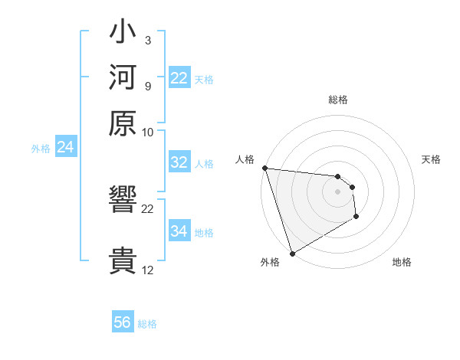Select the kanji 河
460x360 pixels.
[123, 77]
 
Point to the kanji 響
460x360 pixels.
[123, 201]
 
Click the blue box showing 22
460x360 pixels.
[179, 78]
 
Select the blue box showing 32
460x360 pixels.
[179, 162]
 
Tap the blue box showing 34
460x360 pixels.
[179, 231]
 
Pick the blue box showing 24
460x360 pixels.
[66, 148]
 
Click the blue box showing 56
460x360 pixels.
[123, 322]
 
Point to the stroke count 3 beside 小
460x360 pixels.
[147, 40]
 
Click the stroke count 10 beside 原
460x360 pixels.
[148, 132]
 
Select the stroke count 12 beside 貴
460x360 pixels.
[148, 270]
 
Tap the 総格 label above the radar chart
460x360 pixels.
[337, 100]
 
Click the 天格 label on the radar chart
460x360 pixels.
[431, 159]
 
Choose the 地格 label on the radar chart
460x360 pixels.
[402, 262]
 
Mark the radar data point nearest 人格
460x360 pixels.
[264, 168]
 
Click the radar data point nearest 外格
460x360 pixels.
[292, 254]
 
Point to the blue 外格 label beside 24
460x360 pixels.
[40, 149]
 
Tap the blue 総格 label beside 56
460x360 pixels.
[147, 324]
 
